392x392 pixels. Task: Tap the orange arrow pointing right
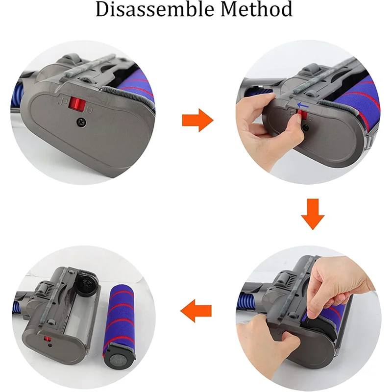[197, 120]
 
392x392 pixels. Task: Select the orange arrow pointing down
[314, 214]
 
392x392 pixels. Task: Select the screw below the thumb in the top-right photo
[306, 126]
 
